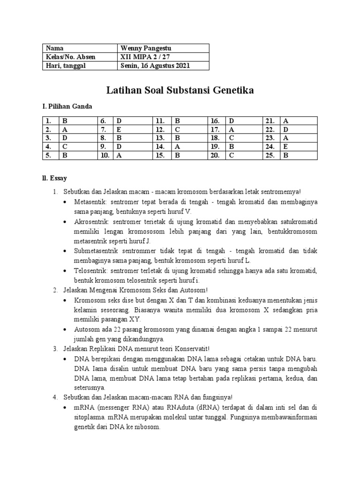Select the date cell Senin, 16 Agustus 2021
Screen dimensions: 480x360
(155, 66)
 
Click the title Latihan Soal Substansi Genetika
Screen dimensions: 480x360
(180, 90)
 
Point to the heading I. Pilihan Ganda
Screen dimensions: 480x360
(67, 106)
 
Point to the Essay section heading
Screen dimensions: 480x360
(55, 178)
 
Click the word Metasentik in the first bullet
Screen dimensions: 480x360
(90, 202)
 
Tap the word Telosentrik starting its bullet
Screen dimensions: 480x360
(90, 271)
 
